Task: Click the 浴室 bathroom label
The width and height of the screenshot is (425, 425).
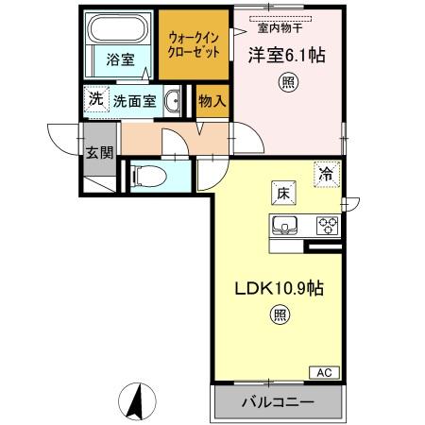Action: point(119,59)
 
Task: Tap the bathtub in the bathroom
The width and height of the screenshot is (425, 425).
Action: point(118,30)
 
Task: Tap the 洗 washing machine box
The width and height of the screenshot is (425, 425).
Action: point(95,98)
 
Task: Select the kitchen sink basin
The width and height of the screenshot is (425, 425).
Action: point(287,225)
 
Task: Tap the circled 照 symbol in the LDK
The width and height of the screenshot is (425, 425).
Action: point(280,315)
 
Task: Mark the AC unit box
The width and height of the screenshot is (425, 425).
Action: point(322,372)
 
